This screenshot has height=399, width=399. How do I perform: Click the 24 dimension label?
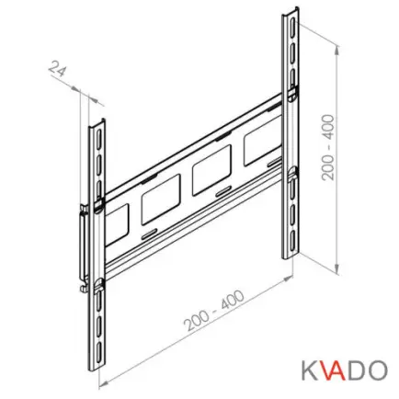point(58,70)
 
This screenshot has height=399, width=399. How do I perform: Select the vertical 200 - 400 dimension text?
point(328,147)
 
